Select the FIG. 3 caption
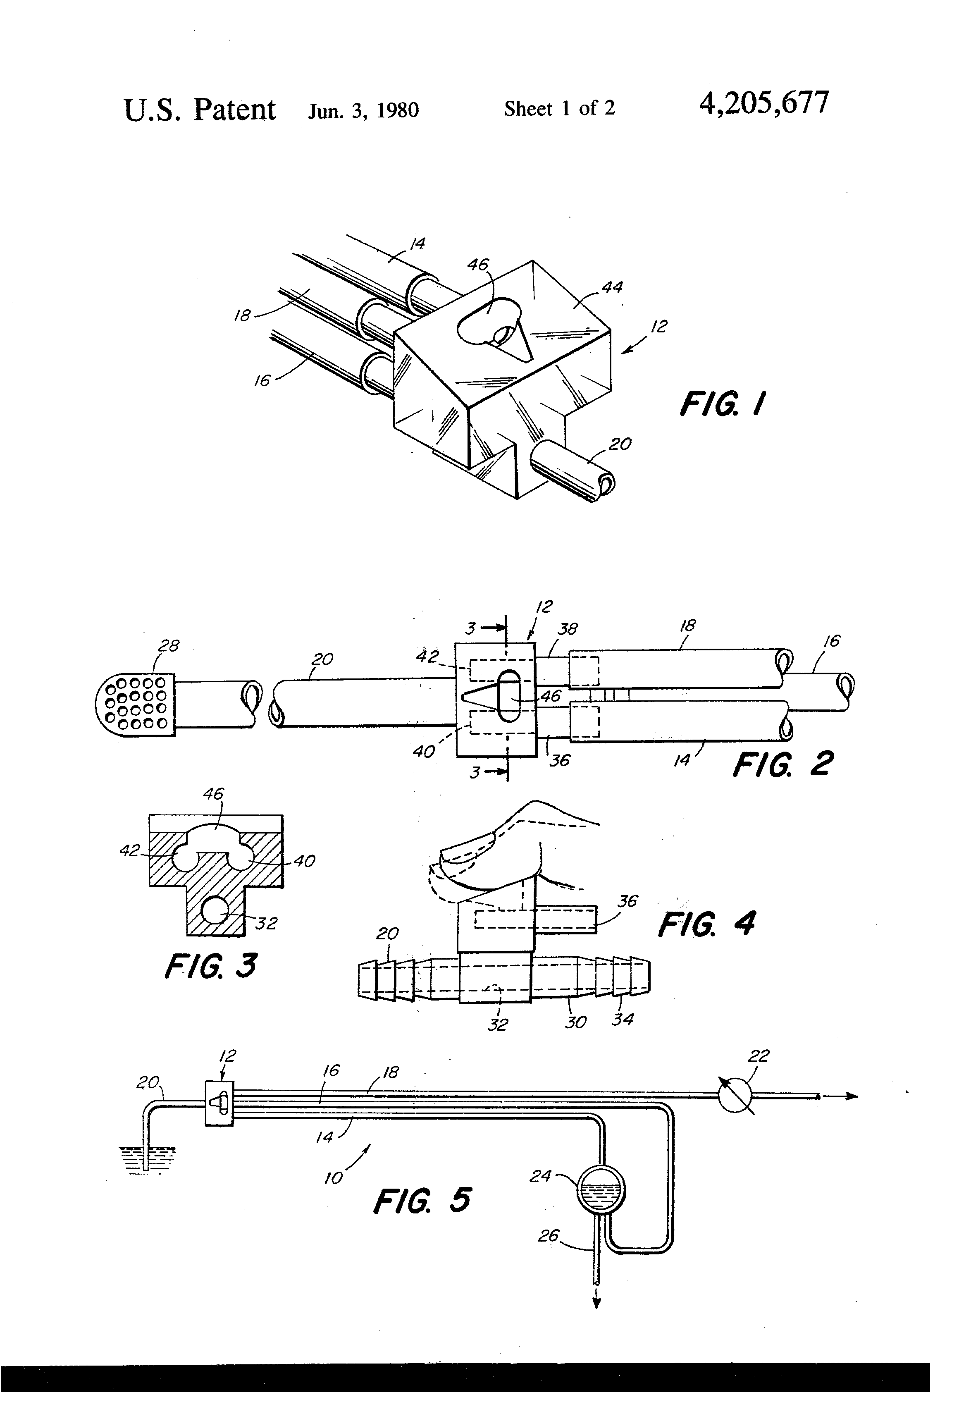pos(210,965)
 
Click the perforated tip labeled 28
pos(135,704)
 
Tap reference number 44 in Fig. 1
pos(612,287)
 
